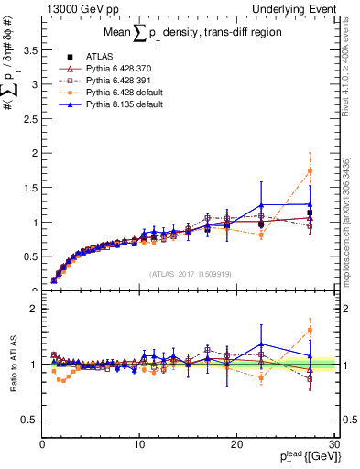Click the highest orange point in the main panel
click(310, 171)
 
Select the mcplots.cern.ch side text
click(346, 220)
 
